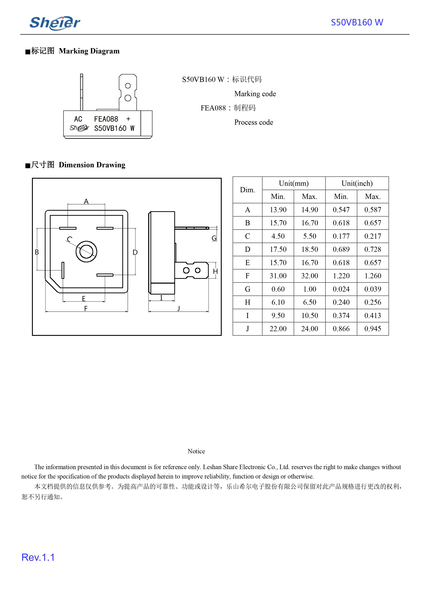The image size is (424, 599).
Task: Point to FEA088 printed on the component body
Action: [106, 119]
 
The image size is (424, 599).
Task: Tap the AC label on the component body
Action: [78, 119]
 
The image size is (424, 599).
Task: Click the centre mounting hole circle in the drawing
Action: [86, 251]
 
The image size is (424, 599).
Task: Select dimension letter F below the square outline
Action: [86, 309]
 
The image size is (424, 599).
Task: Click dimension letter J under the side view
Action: [179, 308]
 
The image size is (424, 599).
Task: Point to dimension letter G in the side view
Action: [214, 238]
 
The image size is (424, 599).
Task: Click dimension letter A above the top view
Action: [86, 201]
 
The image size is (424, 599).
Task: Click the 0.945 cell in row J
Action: [373, 329]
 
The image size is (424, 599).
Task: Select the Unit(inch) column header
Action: [357, 183]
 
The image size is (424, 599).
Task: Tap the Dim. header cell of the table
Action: [247, 190]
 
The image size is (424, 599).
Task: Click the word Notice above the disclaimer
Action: [196, 451]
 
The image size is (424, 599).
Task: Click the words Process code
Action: [253, 122]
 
